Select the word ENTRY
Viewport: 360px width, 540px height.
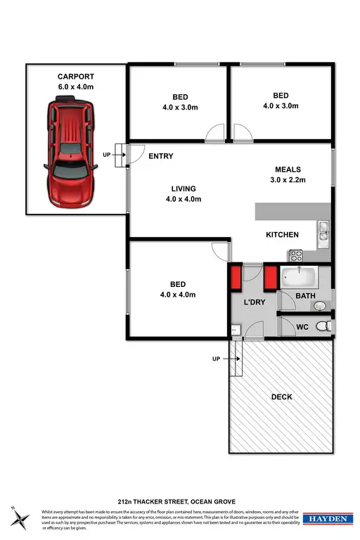pos(161,156)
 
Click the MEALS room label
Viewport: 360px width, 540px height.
pos(288,169)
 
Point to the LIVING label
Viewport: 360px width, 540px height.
pos(183,188)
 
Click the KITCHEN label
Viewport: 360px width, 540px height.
pos(282,235)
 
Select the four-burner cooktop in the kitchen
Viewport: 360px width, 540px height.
pos(295,256)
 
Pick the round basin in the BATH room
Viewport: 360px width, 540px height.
pos(321,305)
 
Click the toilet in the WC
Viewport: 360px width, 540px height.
pos(323,327)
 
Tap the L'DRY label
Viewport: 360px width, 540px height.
pos(253,302)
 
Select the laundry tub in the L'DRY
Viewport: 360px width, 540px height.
pos(235,328)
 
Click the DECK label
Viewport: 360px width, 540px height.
pos(281,397)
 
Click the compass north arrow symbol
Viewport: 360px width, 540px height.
pos(20,517)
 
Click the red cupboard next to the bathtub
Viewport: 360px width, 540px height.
pos(269,278)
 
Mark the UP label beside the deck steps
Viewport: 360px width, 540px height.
pos(217,359)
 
